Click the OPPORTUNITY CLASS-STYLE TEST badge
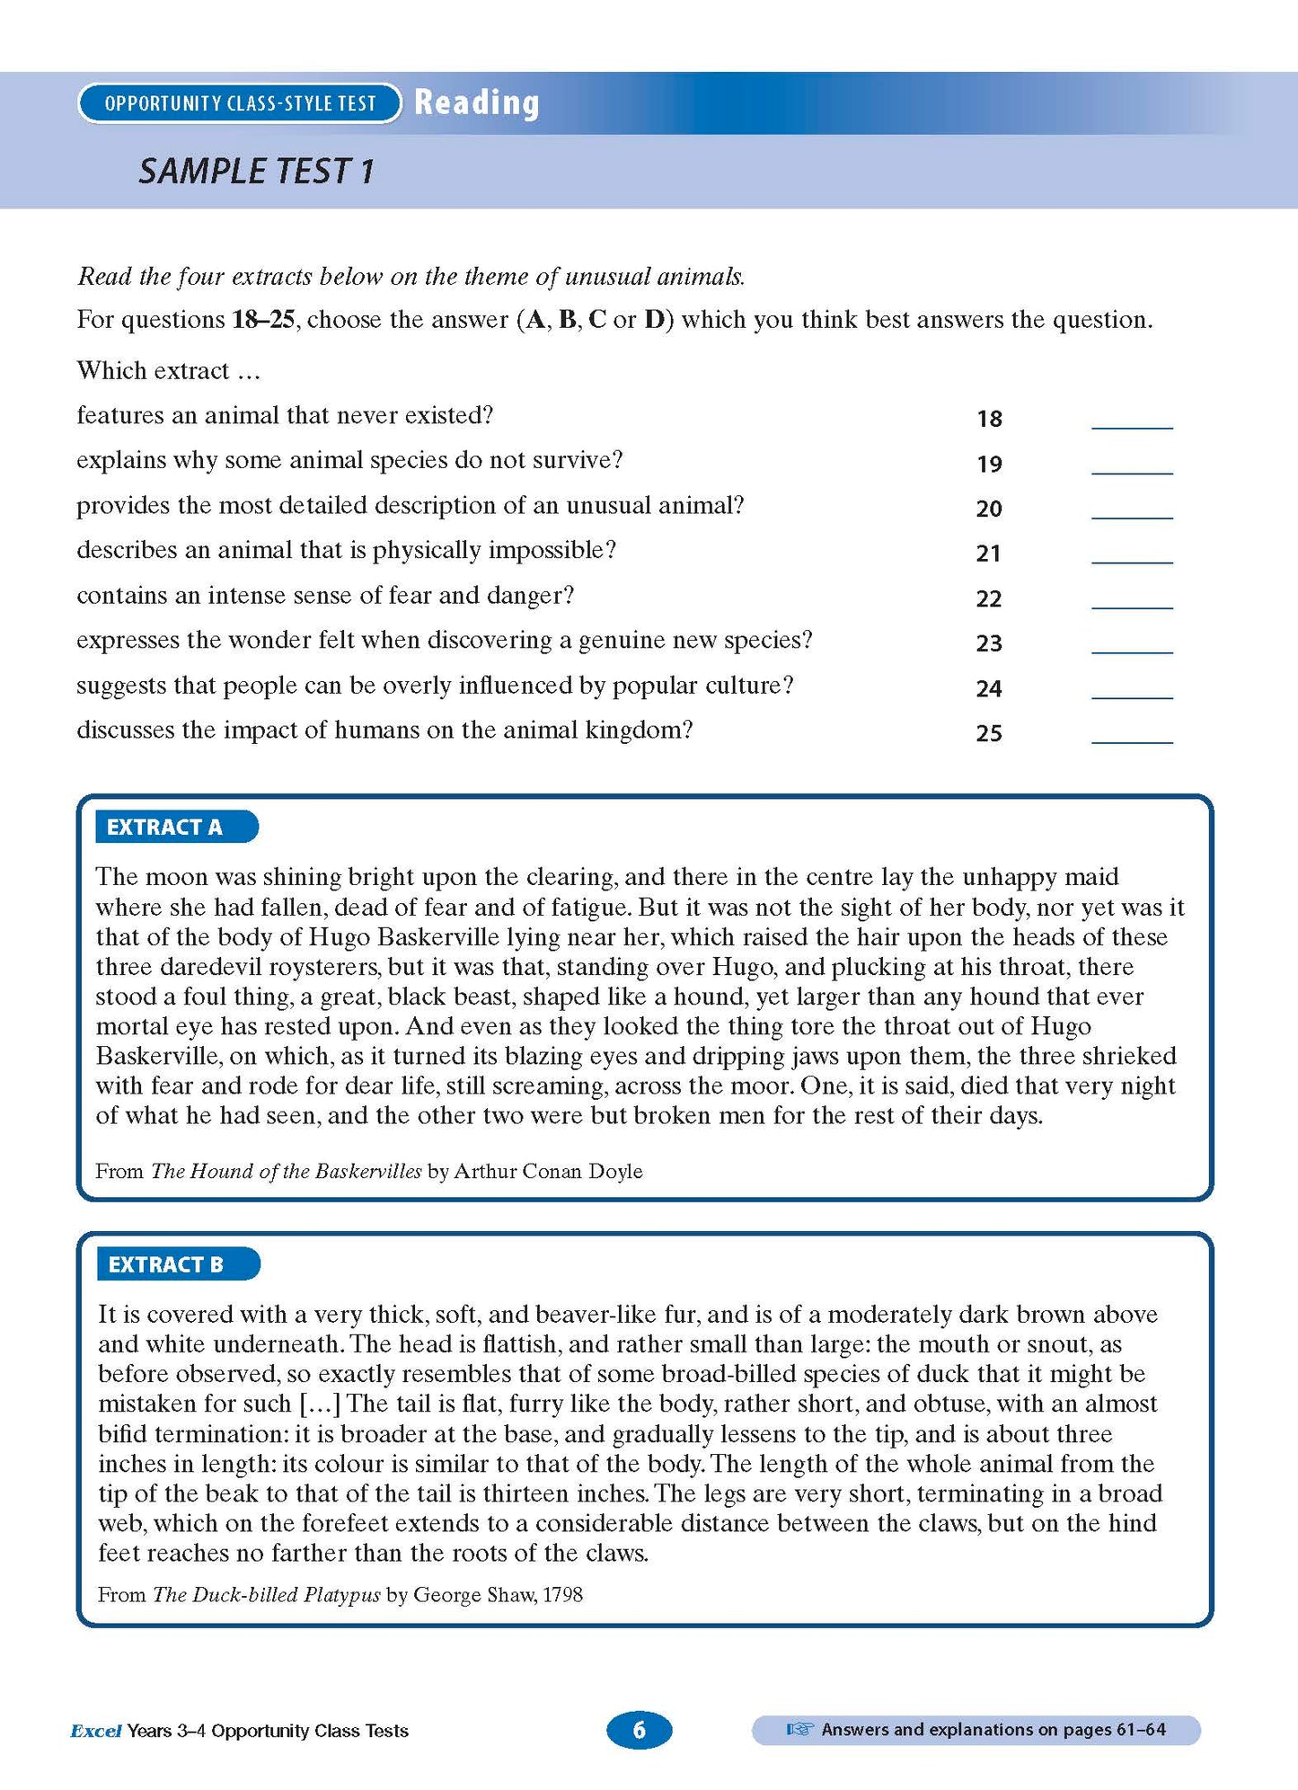click(x=240, y=103)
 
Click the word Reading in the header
click(x=476, y=102)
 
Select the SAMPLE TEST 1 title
click(x=255, y=171)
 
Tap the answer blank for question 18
click(x=1131, y=421)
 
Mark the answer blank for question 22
click(x=1131, y=601)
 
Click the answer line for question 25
click(x=1131, y=736)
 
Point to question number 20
click(x=988, y=509)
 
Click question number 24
click(x=988, y=688)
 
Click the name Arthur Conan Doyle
click(x=548, y=1171)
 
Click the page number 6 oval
click(x=639, y=1730)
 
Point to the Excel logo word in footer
click(x=95, y=1731)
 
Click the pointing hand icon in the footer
click(x=799, y=1729)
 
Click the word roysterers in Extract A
click(x=322, y=967)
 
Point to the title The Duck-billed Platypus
click(x=266, y=1594)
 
